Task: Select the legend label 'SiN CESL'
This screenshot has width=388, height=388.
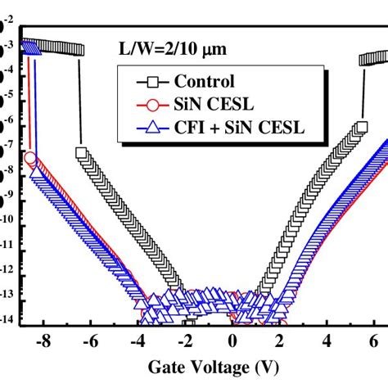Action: point(215,104)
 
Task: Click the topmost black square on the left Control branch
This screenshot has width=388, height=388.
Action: point(81,152)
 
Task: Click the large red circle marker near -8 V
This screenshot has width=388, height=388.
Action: point(30,157)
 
